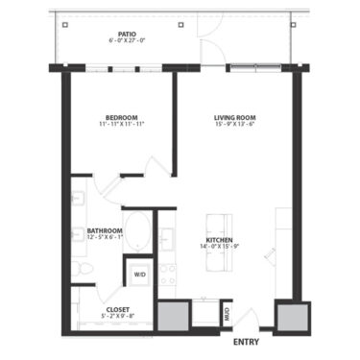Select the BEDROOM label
click(120, 116)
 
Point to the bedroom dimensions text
click(120, 125)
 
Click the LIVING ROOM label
click(234, 117)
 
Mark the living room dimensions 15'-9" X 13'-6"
click(234, 125)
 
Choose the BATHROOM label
click(104, 230)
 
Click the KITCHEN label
click(221, 240)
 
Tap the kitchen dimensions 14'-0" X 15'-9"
click(221, 248)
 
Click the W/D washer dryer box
click(139, 274)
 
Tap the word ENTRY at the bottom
click(247, 341)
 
